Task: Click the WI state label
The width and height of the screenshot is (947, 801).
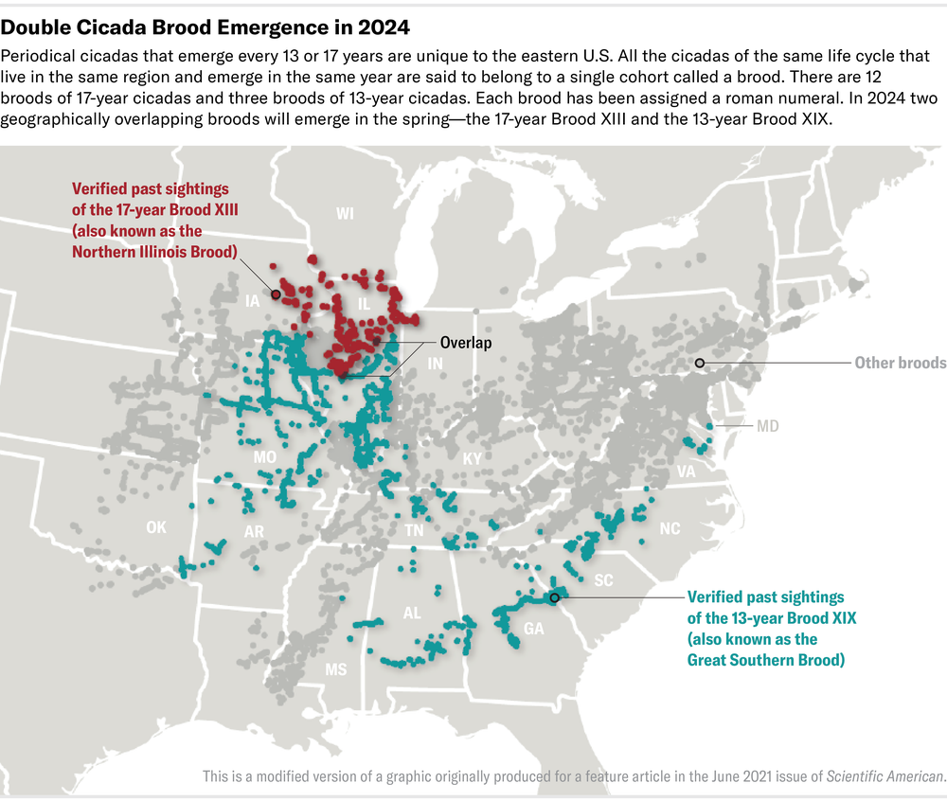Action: tap(345, 215)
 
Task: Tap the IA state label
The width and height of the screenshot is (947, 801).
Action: tap(252, 301)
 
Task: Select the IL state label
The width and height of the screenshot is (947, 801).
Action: tap(363, 303)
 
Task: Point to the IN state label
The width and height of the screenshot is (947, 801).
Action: tap(435, 364)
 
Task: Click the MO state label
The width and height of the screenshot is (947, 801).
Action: tap(264, 457)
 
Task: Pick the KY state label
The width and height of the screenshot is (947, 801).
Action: tap(472, 458)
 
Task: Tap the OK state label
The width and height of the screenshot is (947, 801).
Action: tap(156, 527)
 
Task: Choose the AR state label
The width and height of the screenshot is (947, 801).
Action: tap(254, 532)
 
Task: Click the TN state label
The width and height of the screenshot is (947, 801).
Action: tap(414, 530)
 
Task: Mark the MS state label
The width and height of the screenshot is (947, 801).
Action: tap(336, 669)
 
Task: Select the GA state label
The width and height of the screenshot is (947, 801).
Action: tap(533, 628)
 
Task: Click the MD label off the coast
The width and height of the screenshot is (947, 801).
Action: tap(767, 426)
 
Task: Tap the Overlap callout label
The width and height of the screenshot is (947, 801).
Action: tap(466, 343)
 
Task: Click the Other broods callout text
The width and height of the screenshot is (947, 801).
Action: tap(900, 363)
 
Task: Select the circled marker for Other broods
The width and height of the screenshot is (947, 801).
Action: tap(700, 364)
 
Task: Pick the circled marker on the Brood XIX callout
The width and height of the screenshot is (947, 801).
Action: tap(554, 597)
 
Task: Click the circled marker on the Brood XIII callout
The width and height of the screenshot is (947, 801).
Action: tap(275, 294)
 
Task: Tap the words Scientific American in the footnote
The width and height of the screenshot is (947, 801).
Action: tap(884, 776)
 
